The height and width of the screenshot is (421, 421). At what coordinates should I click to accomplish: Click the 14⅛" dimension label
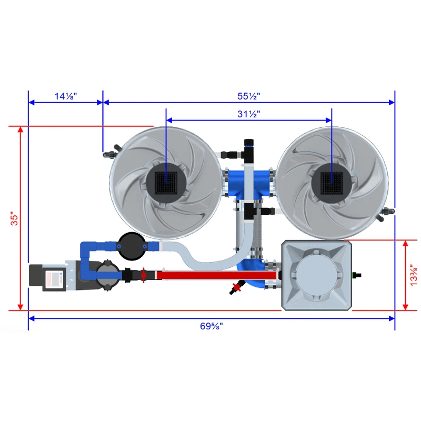click(x=66, y=96)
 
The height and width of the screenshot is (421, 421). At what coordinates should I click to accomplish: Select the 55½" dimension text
click(x=249, y=96)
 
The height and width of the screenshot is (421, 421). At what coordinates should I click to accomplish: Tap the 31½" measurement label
click(x=249, y=114)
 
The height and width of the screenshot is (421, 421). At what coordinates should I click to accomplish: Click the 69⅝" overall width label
click(x=211, y=326)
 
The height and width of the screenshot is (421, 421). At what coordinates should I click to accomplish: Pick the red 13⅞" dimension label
click(x=414, y=275)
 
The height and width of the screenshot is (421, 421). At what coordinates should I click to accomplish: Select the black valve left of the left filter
click(x=110, y=154)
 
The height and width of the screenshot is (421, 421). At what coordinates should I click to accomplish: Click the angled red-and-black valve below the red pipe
click(x=235, y=287)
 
